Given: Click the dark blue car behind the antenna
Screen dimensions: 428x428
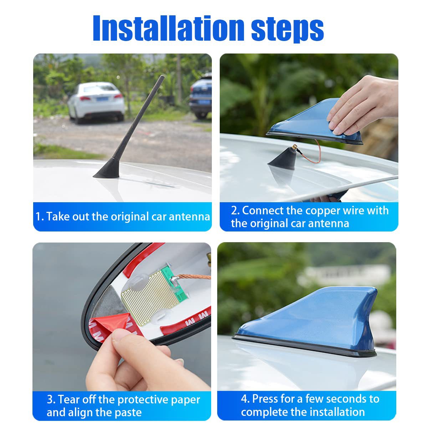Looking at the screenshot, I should coord(200,96).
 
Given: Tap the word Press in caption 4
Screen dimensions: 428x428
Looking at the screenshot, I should coord(266,398).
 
